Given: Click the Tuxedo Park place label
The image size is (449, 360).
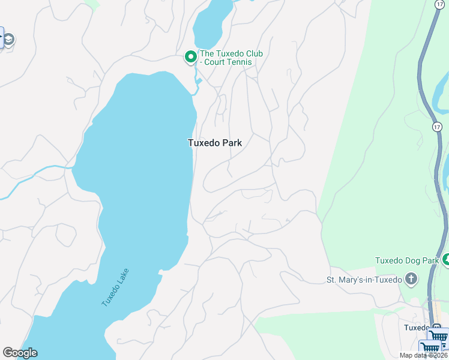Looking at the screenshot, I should click(215, 143).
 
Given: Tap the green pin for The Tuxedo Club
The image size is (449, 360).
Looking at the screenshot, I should click(190, 58).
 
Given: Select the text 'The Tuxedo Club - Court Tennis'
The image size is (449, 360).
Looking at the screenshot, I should click(231, 58).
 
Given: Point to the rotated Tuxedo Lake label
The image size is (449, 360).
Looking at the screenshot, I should click(115, 287).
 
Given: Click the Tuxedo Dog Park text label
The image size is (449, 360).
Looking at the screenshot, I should click(407, 260).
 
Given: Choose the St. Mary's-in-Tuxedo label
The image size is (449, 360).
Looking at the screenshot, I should click(364, 280).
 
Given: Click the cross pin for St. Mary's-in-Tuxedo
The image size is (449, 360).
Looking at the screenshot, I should click(411, 279).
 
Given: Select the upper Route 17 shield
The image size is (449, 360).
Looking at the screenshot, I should click(439, 4).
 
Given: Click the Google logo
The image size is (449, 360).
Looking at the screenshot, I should click(20, 353).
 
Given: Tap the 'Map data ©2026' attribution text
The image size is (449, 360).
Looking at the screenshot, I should click(424, 355).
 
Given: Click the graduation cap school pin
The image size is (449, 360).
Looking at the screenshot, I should click(8, 40).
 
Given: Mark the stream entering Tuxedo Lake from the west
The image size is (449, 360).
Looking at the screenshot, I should click(36, 178).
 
